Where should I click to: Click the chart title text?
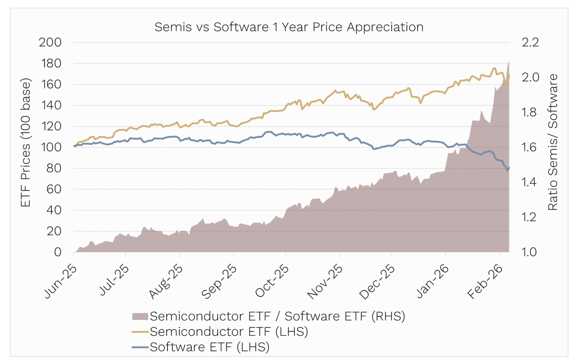[289, 27]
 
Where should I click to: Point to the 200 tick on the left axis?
[50, 42]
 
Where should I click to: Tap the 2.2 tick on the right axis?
[530, 42]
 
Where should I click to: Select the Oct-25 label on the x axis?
[272, 281]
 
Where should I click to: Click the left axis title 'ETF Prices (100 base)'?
[25, 142]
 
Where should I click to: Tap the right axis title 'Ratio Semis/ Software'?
[553, 142]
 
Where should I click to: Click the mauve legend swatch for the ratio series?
[140, 316]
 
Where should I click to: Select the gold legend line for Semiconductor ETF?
[140, 332]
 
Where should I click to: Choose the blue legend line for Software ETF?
[140, 347]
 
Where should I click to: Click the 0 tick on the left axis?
[57, 252]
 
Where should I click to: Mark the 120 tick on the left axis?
[51, 126]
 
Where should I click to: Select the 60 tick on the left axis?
[54, 189]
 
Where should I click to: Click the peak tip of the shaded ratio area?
[509, 61]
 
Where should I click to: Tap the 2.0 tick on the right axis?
[530, 77]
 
